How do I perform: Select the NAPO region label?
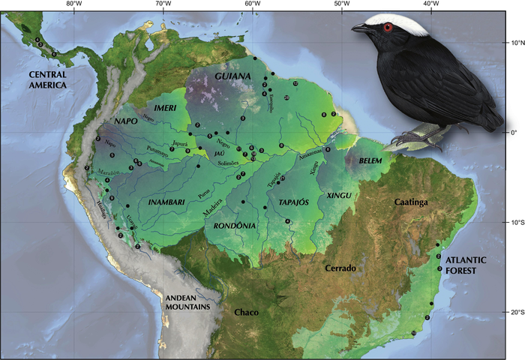coord(127,120)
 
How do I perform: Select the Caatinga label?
coord(415,202)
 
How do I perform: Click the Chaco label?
coord(246,311)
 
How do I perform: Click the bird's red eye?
coord(388,28)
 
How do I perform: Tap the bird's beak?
coord(361,28)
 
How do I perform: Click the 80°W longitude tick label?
coord(73,4)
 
